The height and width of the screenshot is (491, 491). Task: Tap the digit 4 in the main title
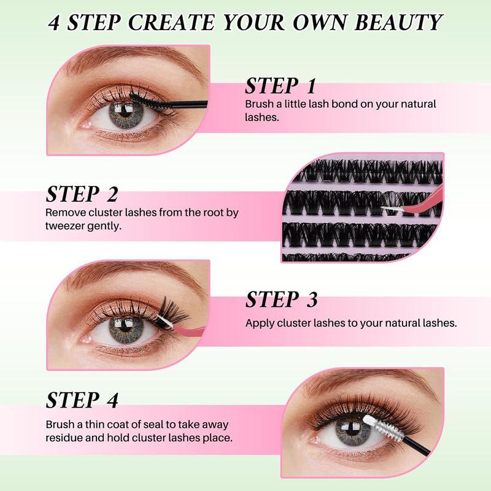tap(56, 23)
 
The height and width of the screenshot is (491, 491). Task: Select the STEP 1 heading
tap(280, 86)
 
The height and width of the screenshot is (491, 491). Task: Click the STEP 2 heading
tap(82, 195)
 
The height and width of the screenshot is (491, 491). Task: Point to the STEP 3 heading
tap(282, 300)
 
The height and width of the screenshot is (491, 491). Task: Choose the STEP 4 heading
tap(82, 400)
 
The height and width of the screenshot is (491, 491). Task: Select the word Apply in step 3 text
tap(260, 322)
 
